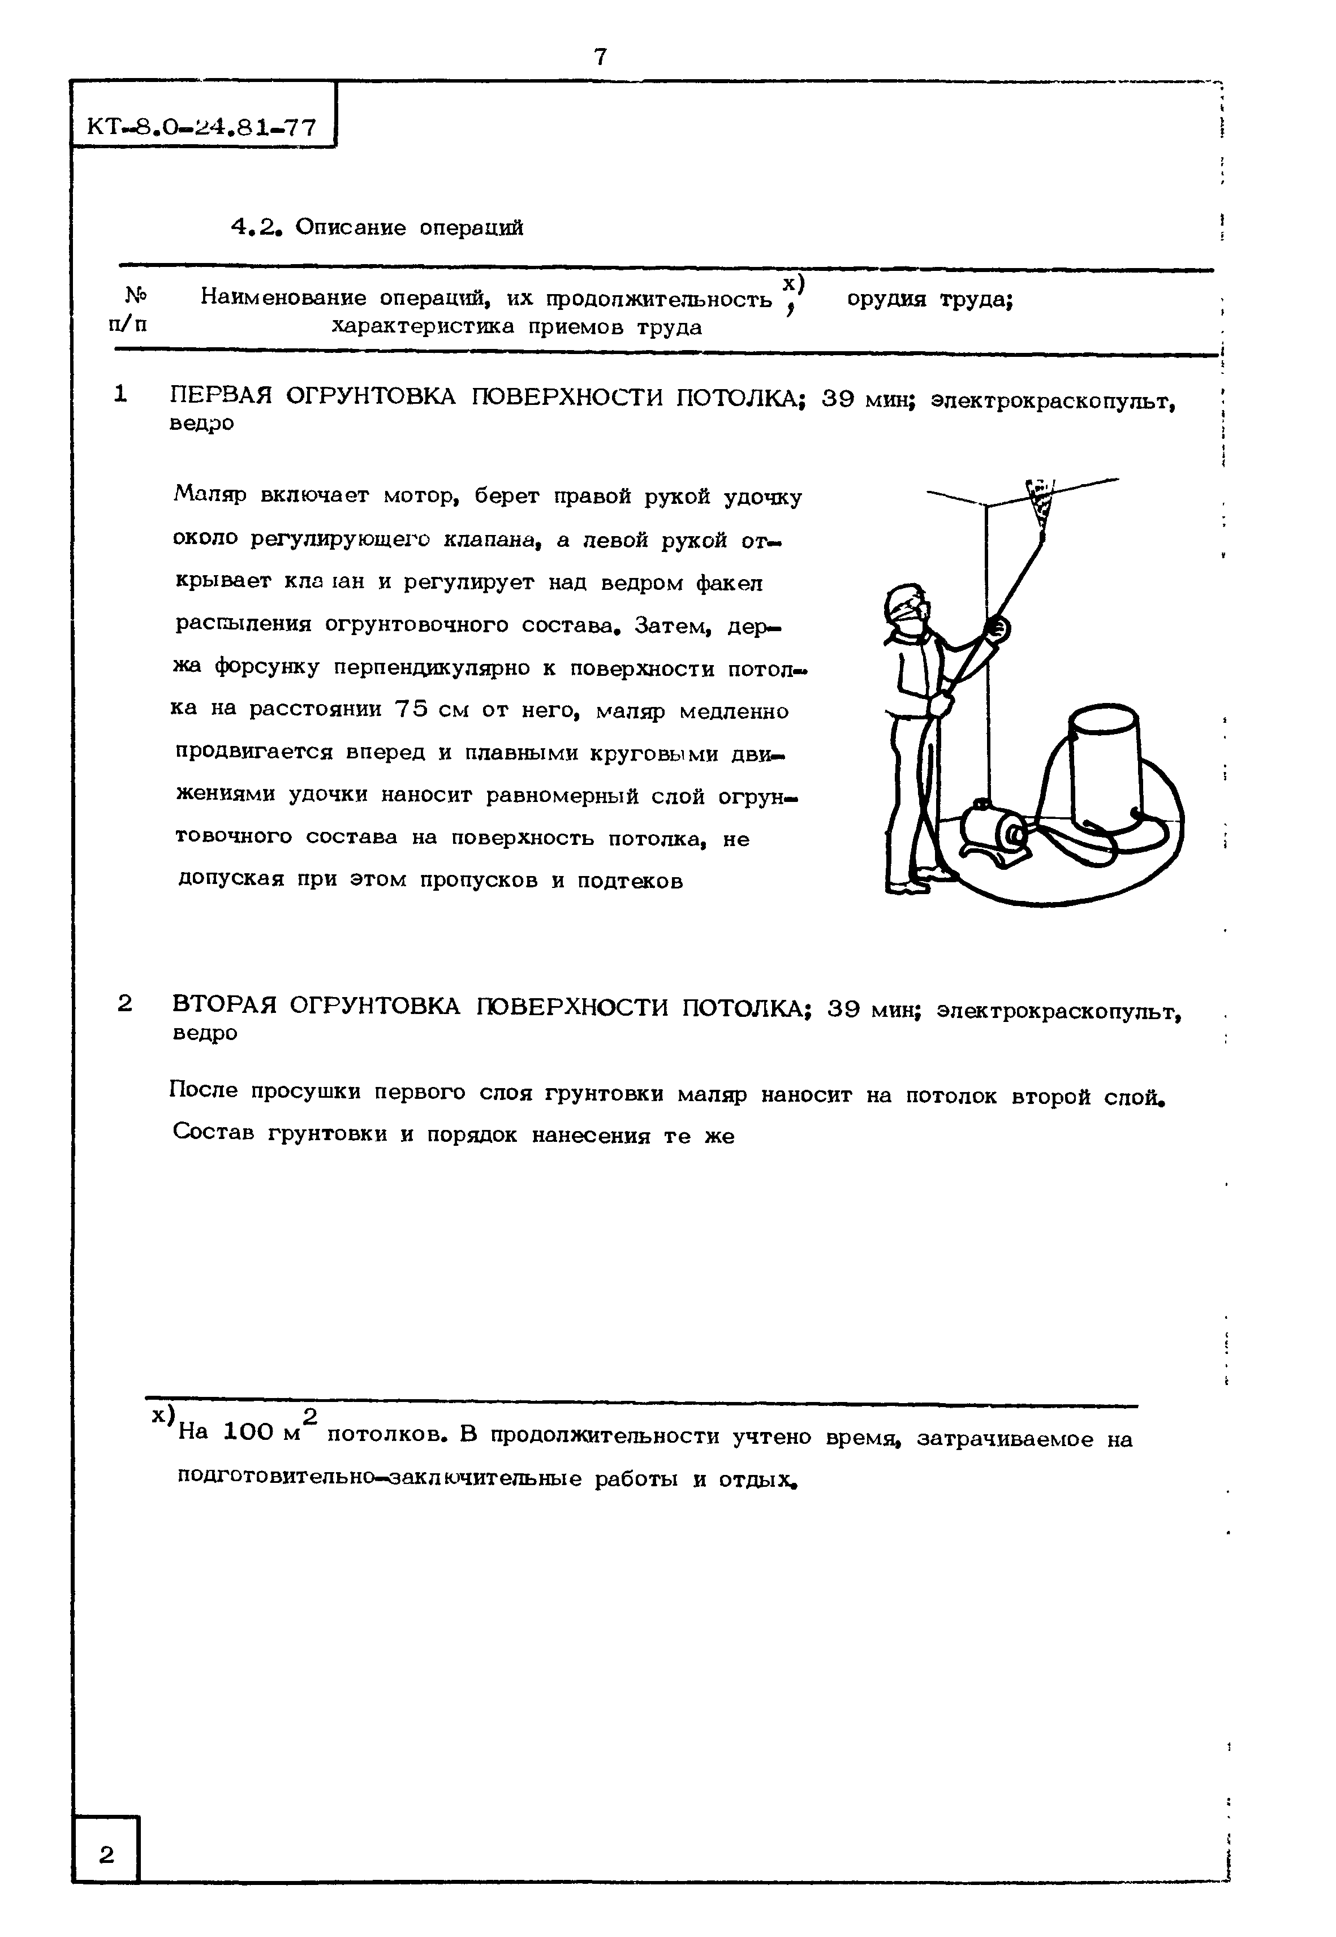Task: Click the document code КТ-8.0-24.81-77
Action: click(202, 127)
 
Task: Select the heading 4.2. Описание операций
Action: click(377, 228)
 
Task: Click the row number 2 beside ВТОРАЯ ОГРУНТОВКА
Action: click(125, 1003)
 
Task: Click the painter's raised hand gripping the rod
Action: click(996, 628)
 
